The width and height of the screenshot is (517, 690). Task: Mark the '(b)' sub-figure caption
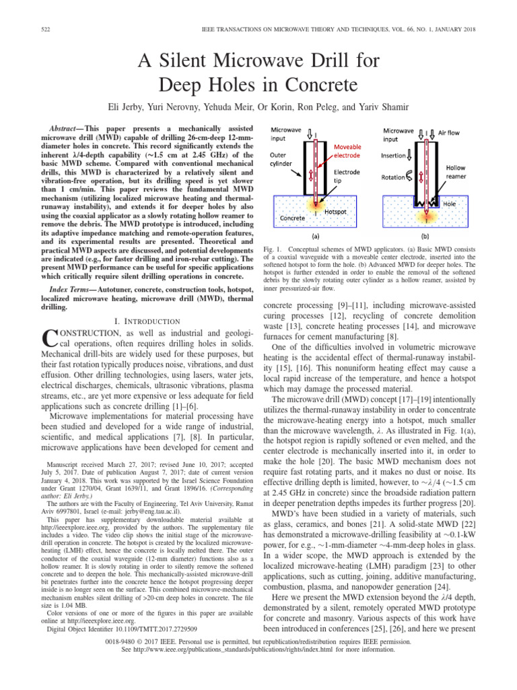(428, 237)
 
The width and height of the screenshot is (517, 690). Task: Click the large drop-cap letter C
(49, 341)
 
